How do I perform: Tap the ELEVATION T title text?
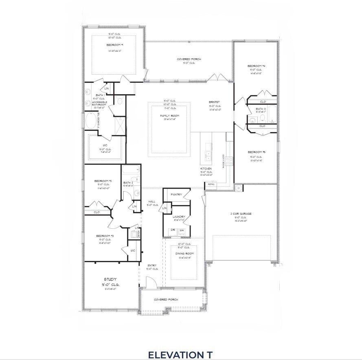tap(180, 353)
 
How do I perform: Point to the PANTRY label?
tap(176, 194)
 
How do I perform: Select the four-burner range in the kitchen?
tap(229, 161)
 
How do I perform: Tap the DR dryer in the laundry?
tap(173, 231)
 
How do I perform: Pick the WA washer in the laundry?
tap(182, 231)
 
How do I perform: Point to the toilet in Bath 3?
tap(262, 118)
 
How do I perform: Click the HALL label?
tap(152, 201)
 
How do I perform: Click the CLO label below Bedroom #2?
tap(97, 212)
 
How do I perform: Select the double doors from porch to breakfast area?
tap(215, 77)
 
